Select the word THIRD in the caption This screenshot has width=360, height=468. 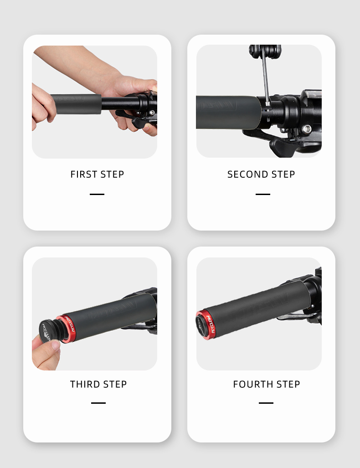click(85, 384)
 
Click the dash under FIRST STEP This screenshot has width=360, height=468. click(97, 194)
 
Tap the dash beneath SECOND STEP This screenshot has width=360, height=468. click(263, 194)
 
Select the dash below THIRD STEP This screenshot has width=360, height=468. click(98, 403)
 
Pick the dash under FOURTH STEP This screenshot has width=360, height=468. click(266, 403)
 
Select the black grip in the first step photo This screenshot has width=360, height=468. click(76, 105)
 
